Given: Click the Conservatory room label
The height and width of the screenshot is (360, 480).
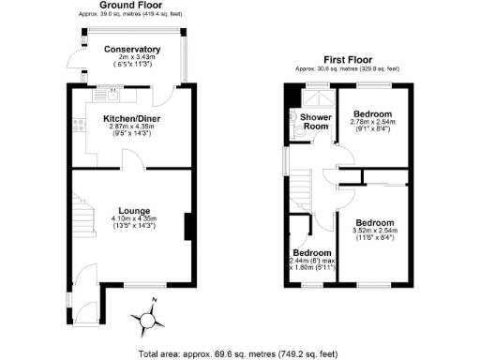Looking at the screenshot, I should click(x=132, y=50).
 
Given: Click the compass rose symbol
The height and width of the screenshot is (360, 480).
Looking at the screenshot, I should click(x=147, y=319).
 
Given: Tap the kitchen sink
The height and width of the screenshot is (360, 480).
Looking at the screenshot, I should click(x=112, y=94).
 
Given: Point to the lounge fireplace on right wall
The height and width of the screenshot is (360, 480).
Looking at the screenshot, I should click(x=188, y=227).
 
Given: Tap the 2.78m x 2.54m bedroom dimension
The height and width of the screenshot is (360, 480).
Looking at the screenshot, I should click(x=372, y=125).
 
